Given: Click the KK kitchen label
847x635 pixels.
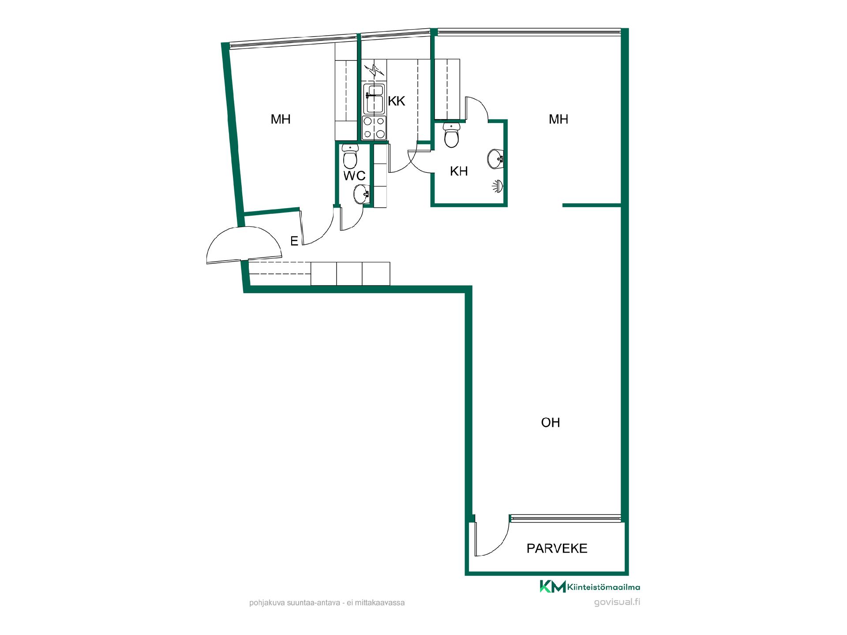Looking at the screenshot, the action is pos(397,101).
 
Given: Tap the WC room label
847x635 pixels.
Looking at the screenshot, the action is pos(355,176).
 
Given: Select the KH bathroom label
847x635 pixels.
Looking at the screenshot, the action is pos(459,171).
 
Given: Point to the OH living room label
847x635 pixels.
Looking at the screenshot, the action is pos(551,422).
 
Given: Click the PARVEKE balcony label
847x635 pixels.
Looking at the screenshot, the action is pos(557,548).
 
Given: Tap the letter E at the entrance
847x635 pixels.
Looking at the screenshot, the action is pos(294,241).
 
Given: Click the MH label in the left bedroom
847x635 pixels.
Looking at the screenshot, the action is pos(281,119).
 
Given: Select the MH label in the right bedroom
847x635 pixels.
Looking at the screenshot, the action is pos(558,119).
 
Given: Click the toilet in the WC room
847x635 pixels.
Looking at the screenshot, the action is pos(350,157).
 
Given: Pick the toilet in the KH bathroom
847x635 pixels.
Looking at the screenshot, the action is pos(452,135).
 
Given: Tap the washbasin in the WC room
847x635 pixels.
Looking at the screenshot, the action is pos(361,194).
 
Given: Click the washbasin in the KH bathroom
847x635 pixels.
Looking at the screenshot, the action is pos(495,158).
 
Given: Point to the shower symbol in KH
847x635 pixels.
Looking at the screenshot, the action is pos(498,186).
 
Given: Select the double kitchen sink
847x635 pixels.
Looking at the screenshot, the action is pos(374,98).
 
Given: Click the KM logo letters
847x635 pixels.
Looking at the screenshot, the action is pos(553,586).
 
